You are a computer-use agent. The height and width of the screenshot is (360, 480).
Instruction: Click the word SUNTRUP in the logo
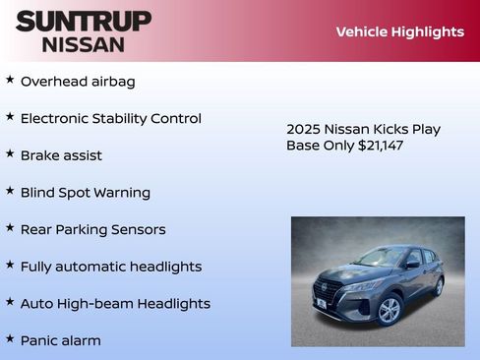pyautogui.click(x=84, y=21)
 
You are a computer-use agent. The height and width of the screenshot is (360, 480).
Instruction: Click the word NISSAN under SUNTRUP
pyautogui.click(x=84, y=43)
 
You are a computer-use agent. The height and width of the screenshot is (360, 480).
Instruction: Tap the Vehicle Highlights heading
pyautogui.click(x=399, y=31)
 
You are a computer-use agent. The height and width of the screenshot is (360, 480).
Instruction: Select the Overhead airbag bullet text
pyautogui.click(x=78, y=82)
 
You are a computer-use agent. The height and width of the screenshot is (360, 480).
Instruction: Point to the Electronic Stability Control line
pyautogui.click(x=111, y=119)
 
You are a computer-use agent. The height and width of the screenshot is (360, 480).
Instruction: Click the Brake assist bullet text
pyautogui.click(x=61, y=155)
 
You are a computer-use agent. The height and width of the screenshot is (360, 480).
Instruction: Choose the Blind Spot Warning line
pyautogui.click(x=86, y=193)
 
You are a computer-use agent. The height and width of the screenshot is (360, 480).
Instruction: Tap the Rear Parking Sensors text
pyautogui.click(x=93, y=229)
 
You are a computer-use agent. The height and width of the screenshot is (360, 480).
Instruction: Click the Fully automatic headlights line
pyautogui.click(x=111, y=267)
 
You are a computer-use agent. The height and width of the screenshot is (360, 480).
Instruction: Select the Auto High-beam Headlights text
pyautogui.click(x=115, y=304)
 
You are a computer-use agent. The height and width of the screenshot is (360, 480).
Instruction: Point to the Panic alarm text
pyautogui.click(x=61, y=340)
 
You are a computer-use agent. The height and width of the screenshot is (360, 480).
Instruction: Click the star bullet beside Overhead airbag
pyautogui.click(x=10, y=80)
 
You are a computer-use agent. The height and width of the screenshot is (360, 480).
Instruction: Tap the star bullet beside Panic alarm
pyautogui.click(x=10, y=338)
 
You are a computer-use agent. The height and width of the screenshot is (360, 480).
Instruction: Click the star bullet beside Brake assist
pyautogui.click(x=10, y=153)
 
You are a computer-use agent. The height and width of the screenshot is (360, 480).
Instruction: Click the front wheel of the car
pyautogui.click(x=390, y=310)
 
